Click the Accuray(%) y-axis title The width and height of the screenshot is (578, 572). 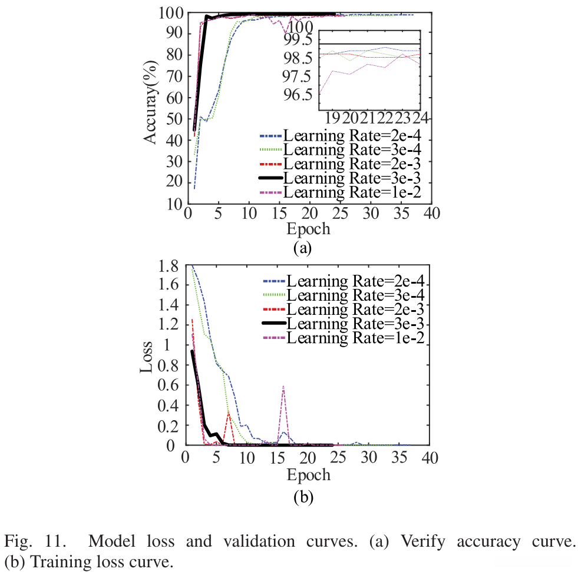[x=152, y=102]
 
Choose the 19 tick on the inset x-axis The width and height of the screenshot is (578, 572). [x=332, y=118]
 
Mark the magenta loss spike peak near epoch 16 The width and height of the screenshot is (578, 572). [x=283, y=387]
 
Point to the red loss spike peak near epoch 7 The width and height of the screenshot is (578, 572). [x=229, y=414]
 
